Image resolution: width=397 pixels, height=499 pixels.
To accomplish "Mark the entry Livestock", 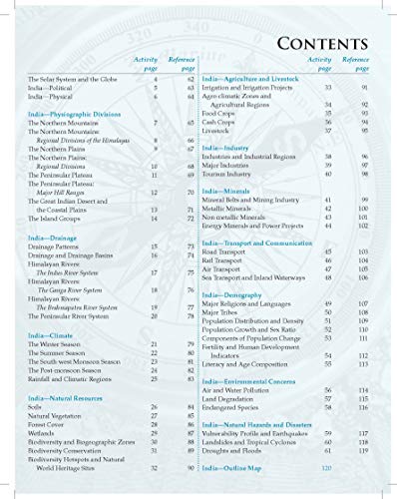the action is coord(219,130).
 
